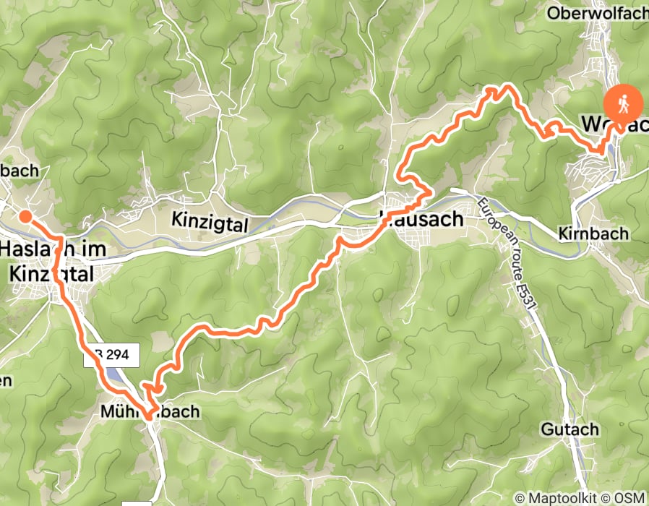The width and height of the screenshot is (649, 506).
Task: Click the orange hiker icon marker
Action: pos(623,103)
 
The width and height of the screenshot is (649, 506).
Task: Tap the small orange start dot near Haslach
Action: pos(25,215)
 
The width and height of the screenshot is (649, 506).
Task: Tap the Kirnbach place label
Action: pos(593,235)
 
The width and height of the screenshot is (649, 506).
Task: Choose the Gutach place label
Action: pos(570,429)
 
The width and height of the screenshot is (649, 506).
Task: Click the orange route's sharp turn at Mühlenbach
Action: pos(149,415)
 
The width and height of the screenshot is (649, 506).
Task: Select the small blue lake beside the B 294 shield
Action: pos(116,375)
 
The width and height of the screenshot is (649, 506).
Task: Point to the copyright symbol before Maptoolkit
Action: pos(519,497)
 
